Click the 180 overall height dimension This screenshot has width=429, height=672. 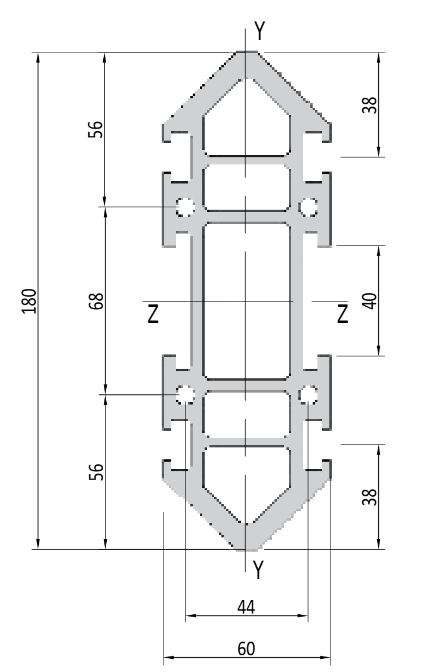click(x=30, y=301)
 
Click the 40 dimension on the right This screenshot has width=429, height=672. click(x=370, y=301)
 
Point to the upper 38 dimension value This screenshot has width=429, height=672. click(x=370, y=105)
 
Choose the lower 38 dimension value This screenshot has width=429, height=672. click(x=370, y=496)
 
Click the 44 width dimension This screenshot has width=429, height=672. click(x=246, y=607)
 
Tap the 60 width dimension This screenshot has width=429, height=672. click(x=246, y=649)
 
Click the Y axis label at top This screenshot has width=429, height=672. click(x=260, y=30)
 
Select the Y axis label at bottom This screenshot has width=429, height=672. click(x=258, y=570)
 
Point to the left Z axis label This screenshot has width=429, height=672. click(x=153, y=314)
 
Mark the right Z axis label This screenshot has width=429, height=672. click(x=342, y=313)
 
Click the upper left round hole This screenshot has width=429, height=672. click(x=186, y=207)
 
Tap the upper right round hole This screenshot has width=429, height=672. click(x=308, y=207)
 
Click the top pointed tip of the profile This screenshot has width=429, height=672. click(x=246, y=52)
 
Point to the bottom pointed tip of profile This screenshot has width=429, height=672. click(x=246, y=549)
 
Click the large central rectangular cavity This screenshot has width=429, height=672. click(x=246, y=301)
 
